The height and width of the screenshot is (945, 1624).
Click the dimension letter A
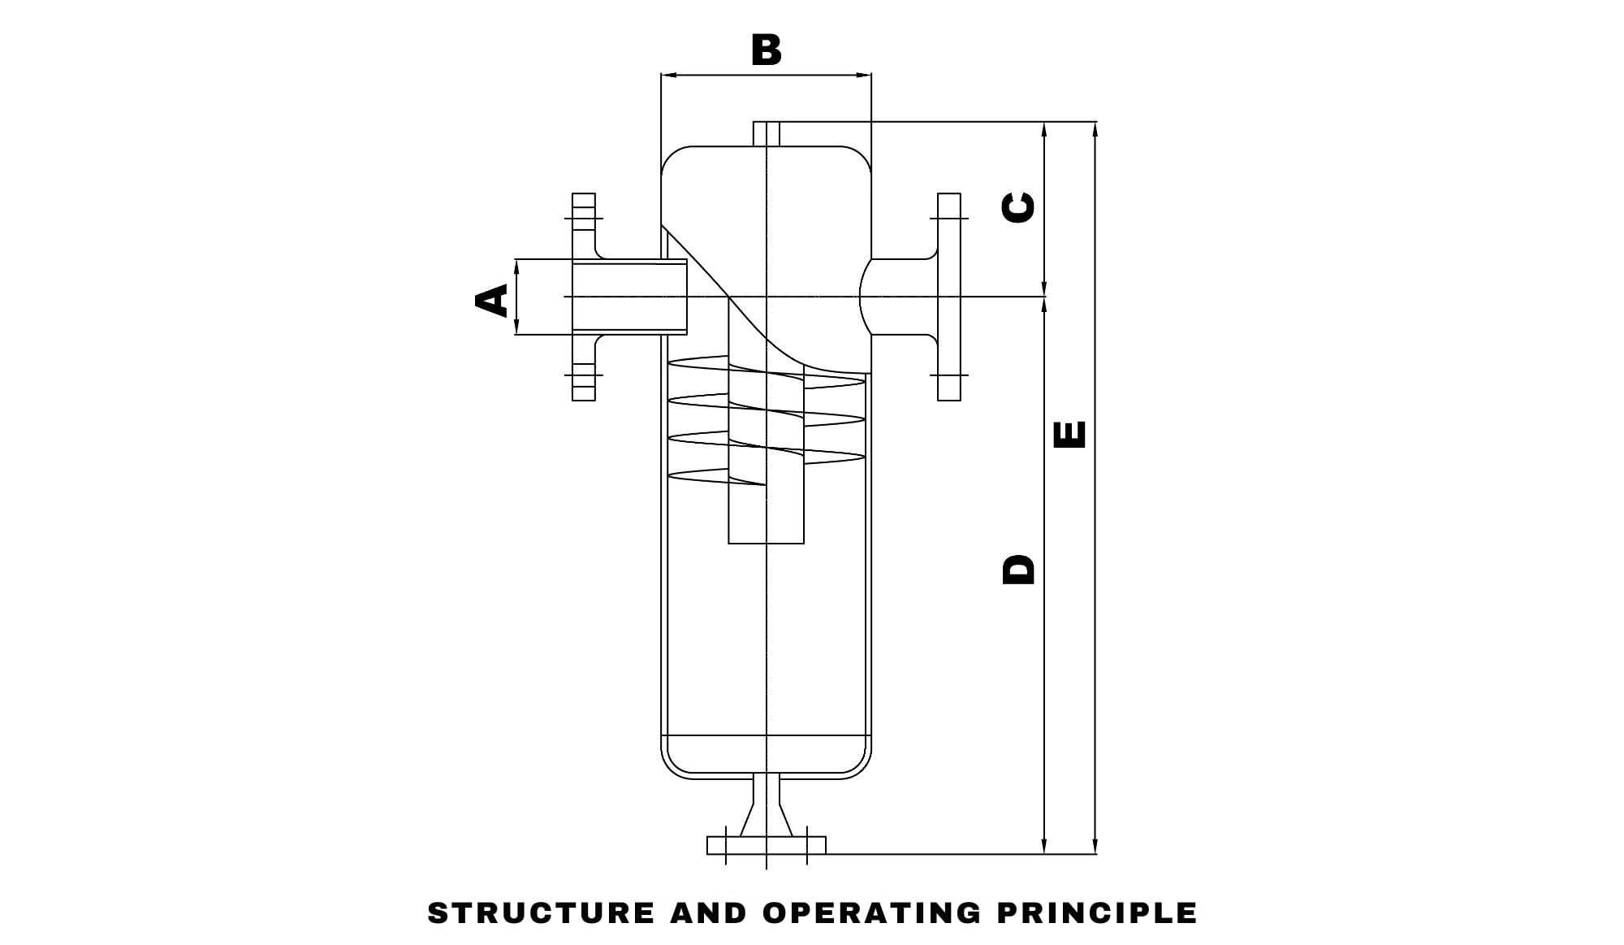491,299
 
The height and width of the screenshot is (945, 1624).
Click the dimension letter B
766,50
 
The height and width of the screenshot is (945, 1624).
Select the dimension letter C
1019,207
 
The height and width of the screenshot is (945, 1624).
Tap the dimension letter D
1019,570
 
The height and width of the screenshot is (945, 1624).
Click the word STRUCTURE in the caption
542,912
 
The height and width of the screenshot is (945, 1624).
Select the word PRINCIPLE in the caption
1097,912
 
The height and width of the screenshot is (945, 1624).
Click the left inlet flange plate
584,297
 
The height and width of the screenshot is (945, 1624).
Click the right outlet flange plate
948,297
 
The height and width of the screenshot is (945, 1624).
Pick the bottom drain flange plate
766,845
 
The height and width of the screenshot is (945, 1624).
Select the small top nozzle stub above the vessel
767,133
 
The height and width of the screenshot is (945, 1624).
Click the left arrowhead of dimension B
667,75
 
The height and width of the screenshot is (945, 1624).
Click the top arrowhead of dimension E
1095,128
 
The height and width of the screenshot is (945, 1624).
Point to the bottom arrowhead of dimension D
1044,848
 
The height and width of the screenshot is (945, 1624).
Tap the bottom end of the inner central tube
766,541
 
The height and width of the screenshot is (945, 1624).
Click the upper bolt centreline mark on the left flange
583,218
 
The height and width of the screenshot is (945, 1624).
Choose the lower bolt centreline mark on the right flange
948,375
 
